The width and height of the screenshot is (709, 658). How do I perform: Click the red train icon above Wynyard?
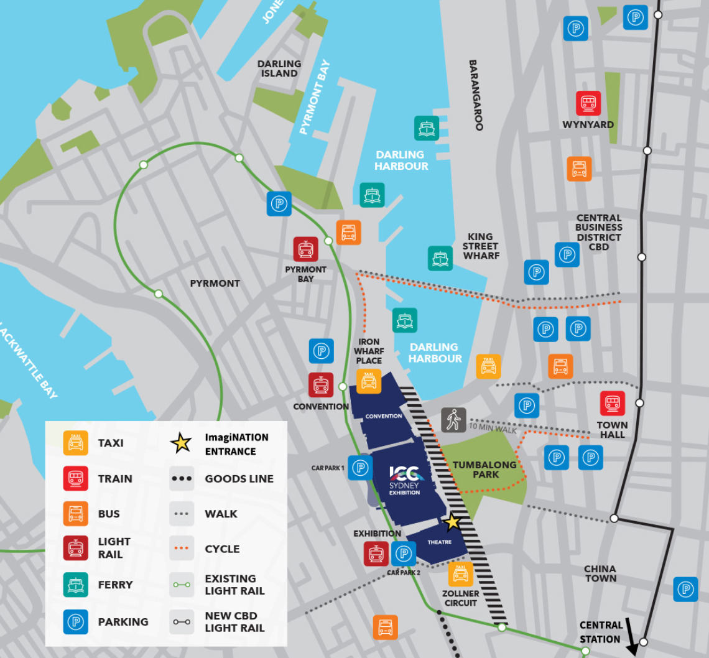tap(588, 103)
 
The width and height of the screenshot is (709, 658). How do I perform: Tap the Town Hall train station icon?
tap(612, 403)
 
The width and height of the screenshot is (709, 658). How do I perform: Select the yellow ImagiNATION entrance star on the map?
tap(452, 522)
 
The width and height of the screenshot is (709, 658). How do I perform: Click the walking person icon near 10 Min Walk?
tap(453, 420)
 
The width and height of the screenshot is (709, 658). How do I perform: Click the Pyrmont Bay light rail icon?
tap(306, 249)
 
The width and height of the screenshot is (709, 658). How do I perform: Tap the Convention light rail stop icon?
tap(321, 385)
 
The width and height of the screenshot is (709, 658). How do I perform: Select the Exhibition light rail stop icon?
tap(376, 554)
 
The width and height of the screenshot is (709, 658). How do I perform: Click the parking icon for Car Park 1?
tap(360, 468)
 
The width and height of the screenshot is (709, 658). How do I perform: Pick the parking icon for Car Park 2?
tap(404, 554)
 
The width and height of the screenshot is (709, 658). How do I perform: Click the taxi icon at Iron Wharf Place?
tap(369, 381)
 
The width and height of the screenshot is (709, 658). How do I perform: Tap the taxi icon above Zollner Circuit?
tap(460, 574)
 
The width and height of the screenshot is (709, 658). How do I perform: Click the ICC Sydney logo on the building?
tap(405, 476)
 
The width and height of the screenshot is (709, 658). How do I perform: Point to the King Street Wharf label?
tap(480, 246)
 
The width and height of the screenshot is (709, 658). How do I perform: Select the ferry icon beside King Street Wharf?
tap(440, 258)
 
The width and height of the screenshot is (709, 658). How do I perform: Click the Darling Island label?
tap(279, 68)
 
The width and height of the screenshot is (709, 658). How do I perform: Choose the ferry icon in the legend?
tap(76, 585)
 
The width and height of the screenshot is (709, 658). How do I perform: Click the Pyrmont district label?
tap(215, 284)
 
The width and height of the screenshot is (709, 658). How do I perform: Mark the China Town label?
tap(600, 573)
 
